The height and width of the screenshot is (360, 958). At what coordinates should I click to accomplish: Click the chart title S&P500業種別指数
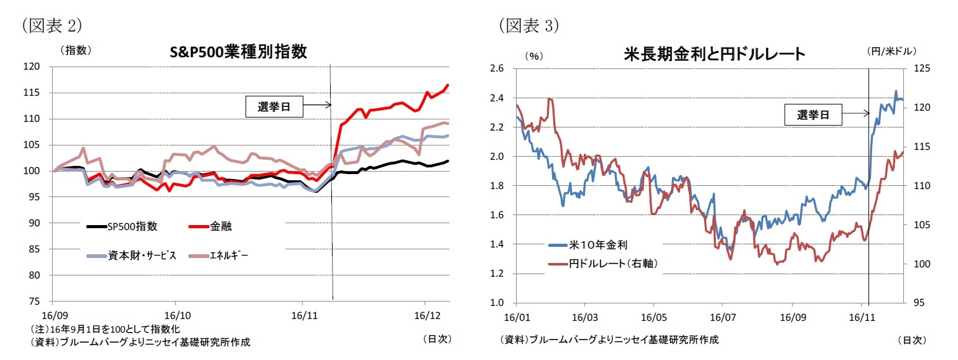pos(238,52)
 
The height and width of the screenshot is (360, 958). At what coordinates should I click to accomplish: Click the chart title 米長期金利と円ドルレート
pos(714,54)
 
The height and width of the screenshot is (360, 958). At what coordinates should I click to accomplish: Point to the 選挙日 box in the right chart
pos(812,114)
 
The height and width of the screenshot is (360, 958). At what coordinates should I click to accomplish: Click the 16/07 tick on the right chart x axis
pos(722,316)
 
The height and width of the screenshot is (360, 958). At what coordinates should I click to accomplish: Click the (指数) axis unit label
pos(76,52)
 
